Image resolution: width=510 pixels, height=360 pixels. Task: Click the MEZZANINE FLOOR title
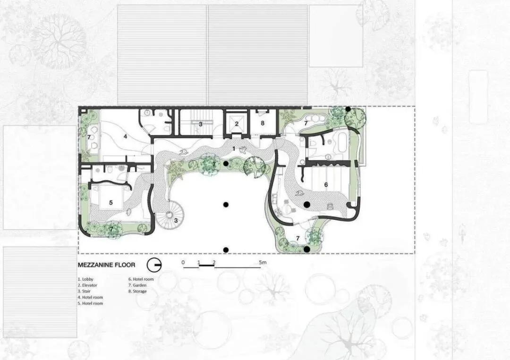point(106,265)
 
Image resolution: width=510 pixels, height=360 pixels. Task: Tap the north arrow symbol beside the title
point(154,265)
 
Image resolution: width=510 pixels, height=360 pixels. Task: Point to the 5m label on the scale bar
point(263,262)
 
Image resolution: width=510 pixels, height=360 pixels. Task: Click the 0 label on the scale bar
point(183,262)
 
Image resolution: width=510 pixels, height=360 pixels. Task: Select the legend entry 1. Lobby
point(85,279)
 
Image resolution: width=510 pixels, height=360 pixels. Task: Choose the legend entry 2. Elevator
point(87,285)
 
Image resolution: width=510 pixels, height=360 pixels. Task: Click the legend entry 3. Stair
point(84,291)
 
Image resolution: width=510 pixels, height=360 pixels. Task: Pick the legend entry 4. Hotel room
point(90,297)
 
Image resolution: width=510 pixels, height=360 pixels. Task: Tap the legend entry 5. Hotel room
point(90,303)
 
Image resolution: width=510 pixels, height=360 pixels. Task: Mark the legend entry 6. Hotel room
point(141,279)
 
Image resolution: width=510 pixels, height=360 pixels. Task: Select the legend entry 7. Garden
point(137,285)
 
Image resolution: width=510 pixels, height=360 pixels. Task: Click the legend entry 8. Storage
point(137,291)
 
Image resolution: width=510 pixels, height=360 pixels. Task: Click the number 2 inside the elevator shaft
point(237,124)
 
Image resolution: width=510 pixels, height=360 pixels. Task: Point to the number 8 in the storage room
point(263,124)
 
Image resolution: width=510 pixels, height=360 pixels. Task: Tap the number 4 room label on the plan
point(126,137)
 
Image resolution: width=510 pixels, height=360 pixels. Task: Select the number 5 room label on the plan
point(111,203)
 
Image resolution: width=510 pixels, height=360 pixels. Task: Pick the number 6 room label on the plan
point(326,185)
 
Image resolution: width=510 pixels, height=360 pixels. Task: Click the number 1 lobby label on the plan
point(234,149)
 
